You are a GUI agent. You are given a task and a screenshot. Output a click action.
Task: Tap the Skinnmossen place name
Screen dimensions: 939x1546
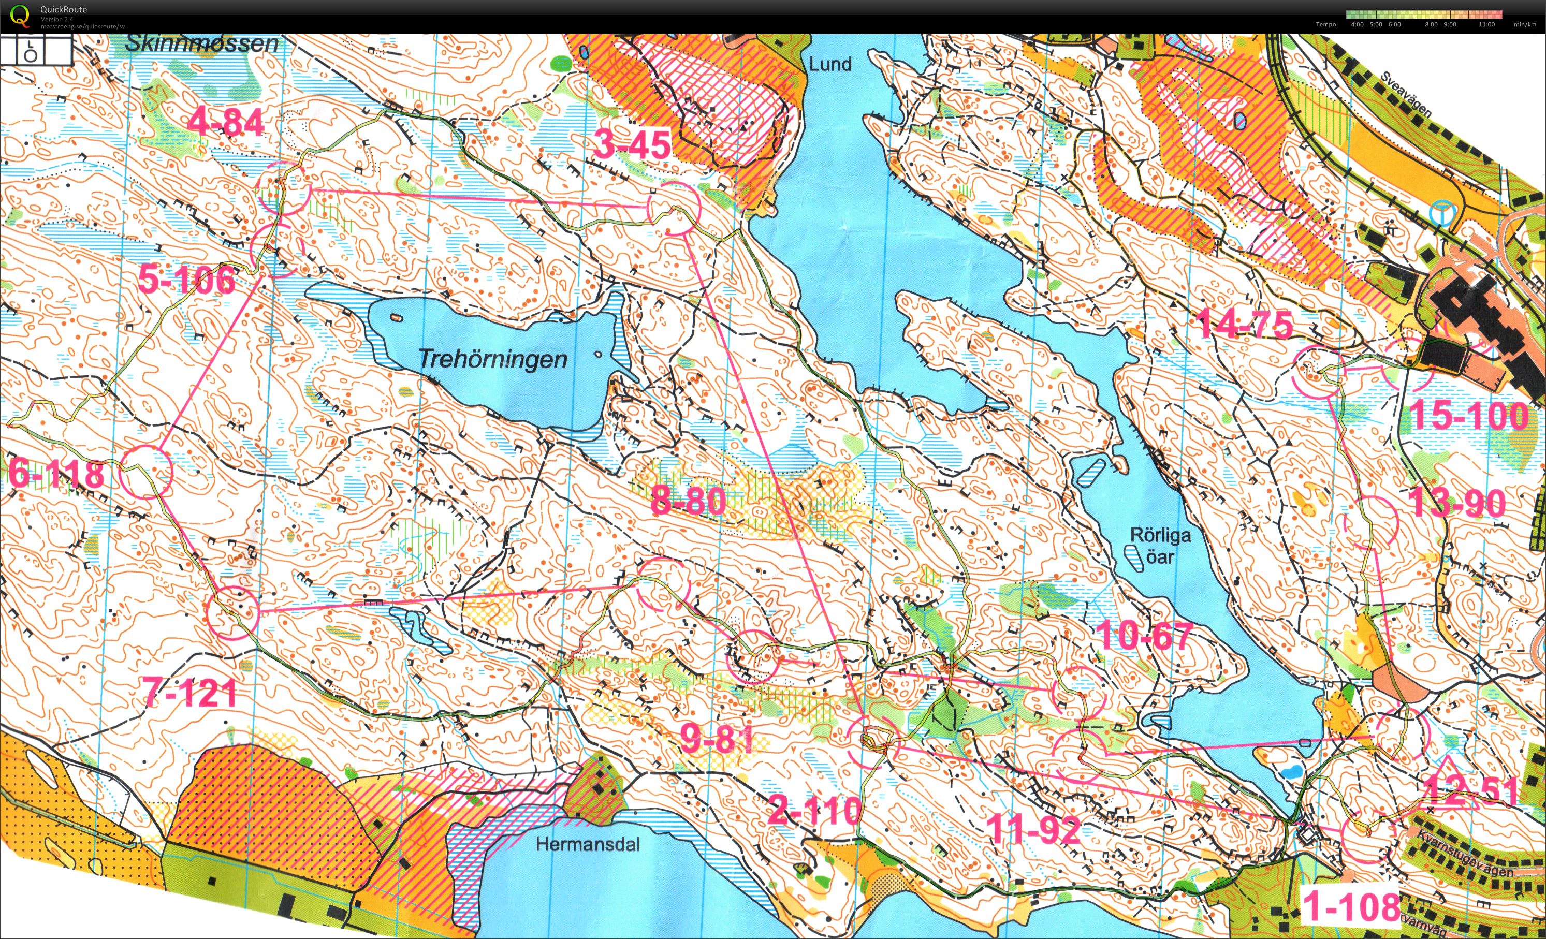pyautogui.click(x=201, y=43)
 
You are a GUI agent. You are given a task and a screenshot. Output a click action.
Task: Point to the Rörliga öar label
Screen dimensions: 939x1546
pyautogui.click(x=1160, y=545)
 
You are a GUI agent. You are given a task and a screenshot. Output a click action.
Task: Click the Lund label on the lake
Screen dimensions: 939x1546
pyautogui.click(x=829, y=64)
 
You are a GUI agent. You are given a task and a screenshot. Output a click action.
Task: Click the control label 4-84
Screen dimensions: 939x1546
pyautogui.click(x=226, y=122)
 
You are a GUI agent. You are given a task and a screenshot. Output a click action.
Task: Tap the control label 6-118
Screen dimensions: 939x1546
pyautogui.click(x=56, y=474)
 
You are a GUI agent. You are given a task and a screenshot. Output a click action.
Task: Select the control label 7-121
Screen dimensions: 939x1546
pyautogui.click(x=189, y=693)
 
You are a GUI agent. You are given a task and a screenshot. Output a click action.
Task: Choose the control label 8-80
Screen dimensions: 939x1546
pyautogui.click(x=688, y=501)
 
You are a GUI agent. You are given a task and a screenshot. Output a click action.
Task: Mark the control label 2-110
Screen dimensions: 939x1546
pyautogui.click(x=814, y=811)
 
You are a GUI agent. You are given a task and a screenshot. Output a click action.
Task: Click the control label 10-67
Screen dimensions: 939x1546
pyautogui.click(x=1145, y=636)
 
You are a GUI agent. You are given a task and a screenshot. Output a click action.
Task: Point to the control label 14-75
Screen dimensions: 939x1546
pyautogui.click(x=1245, y=324)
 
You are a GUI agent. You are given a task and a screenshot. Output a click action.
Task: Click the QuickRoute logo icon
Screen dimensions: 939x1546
pyautogui.click(x=20, y=16)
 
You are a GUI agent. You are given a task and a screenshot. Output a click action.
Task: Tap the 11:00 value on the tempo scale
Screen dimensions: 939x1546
pyautogui.click(x=1486, y=24)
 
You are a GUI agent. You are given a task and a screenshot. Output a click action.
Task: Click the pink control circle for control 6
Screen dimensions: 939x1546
pyautogui.click(x=145, y=472)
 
